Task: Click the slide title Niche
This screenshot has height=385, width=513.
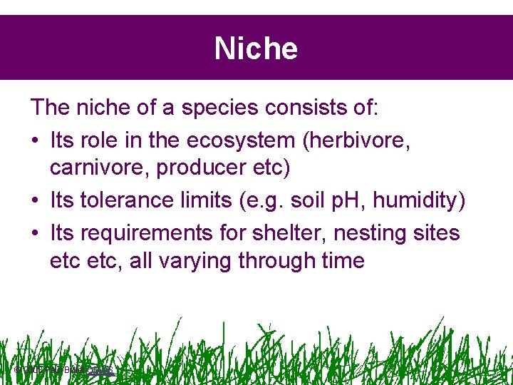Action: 256,48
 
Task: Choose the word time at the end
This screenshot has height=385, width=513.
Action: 341,261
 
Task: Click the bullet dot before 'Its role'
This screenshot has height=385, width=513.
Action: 36,140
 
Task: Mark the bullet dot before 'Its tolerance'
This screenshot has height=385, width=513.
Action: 36,202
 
